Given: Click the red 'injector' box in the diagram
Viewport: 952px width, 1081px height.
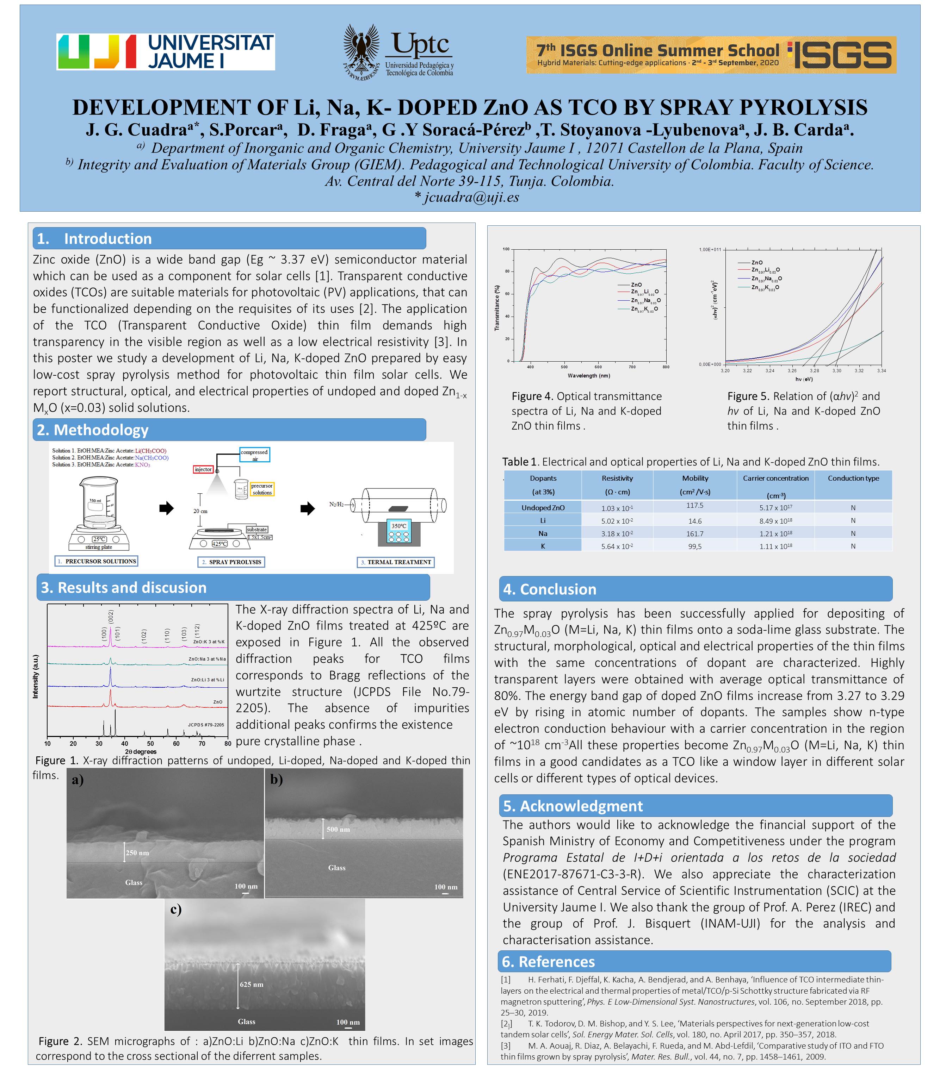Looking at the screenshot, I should (x=203, y=469).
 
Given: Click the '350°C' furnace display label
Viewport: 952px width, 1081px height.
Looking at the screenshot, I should (x=398, y=526).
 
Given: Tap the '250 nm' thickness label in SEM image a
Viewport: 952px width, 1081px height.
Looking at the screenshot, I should (x=137, y=852).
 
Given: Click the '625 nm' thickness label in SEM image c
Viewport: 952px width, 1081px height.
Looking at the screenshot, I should (x=251, y=984).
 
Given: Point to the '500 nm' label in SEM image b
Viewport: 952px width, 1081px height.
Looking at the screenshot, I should (x=338, y=829).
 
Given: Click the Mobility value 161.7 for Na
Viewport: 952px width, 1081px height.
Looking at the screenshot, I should (x=695, y=533).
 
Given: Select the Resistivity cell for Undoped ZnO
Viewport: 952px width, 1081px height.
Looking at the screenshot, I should (x=617, y=508).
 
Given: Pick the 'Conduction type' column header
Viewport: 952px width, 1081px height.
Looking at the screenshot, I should (x=853, y=478).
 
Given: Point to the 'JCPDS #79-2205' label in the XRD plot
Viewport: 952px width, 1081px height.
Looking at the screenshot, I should (x=206, y=725).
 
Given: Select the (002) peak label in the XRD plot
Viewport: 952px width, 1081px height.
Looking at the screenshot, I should (x=111, y=616).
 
